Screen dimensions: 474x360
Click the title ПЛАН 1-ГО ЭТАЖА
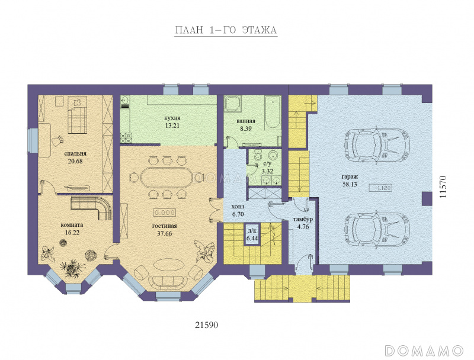[x=226, y=30]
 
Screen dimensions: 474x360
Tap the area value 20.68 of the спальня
[x=75, y=161]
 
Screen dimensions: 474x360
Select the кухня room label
[x=172, y=118]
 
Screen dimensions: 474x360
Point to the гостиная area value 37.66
[x=165, y=233]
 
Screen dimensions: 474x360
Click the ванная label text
[x=246, y=121]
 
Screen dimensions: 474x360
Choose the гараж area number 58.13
[x=350, y=184]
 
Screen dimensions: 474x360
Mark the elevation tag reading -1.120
[x=380, y=188]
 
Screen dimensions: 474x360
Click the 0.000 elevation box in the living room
[x=165, y=213]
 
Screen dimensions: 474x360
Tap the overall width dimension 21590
[x=206, y=325]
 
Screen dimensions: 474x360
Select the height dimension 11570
[x=443, y=187]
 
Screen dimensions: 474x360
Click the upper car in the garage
[x=377, y=146]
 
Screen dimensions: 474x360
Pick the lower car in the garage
[x=377, y=231]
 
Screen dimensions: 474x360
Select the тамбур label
[x=303, y=219]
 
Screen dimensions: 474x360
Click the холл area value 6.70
[x=238, y=214]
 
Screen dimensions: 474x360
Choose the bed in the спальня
[x=77, y=115]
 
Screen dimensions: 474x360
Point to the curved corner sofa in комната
[x=92, y=208]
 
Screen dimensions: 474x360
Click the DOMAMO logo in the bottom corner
[x=424, y=351]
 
